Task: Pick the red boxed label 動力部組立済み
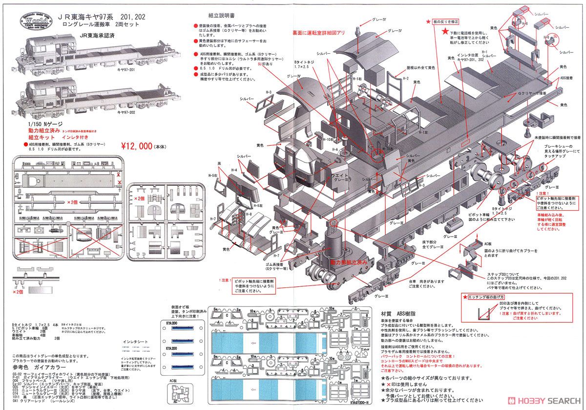348,262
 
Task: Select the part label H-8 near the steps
249,214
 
